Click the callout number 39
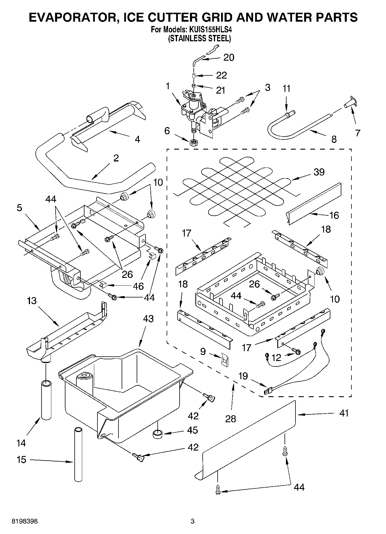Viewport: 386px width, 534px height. pyautogui.click(x=319, y=172)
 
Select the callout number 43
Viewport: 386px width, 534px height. pyautogui.click(x=148, y=319)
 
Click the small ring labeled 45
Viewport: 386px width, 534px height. pyautogui.click(x=157, y=434)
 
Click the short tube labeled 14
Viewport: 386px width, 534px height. pyautogui.click(x=46, y=400)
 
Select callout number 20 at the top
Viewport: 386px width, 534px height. pyautogui.click(x=229, y=57)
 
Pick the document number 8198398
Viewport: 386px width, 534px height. pyautogui.click(x=25, y=521)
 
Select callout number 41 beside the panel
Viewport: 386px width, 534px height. pyautogui.click(x=344, y=413)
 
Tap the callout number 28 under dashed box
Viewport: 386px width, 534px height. pyautogui.click(x=231, y=418)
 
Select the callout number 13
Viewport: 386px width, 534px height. pyautogui.click(x=32, y=301)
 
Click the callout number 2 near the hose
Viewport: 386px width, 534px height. pyautogui.click(x=116, y=158)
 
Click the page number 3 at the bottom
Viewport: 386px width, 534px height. pyautogui.click(x=193, y=521)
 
